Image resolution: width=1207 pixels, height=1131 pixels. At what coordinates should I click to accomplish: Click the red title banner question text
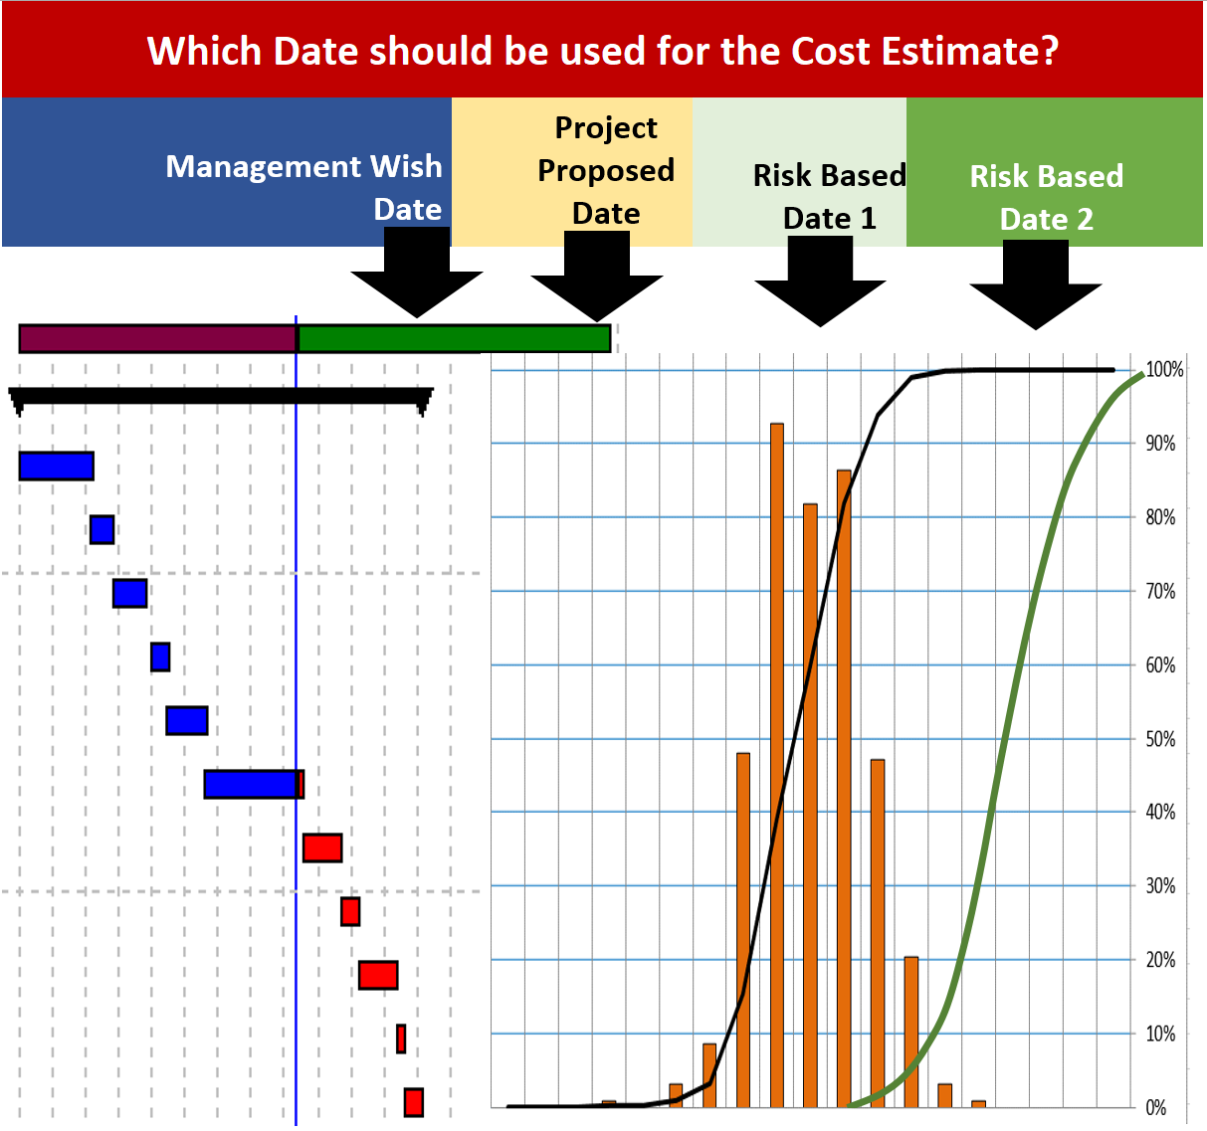point(602,50)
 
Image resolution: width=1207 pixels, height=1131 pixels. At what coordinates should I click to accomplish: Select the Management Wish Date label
point(303,187)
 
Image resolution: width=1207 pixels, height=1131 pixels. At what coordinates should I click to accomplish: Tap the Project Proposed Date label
point(605,170)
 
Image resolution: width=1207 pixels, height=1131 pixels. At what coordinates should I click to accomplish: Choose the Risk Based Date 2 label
point(1046,197)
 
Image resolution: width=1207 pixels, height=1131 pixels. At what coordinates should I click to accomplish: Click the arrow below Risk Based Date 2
point(1035,288)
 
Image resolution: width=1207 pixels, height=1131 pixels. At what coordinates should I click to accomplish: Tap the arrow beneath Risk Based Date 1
point(820,285)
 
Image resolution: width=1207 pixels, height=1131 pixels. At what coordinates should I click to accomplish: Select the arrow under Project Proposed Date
point(597,280)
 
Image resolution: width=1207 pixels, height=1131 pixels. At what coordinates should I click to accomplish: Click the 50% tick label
point(1160,739)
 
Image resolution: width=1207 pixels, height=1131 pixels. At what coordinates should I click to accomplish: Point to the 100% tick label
point(1164,370)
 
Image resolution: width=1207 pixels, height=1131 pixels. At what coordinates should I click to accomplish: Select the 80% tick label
point(1160,517)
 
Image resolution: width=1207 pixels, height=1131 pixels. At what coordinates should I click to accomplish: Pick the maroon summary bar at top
point(157,338)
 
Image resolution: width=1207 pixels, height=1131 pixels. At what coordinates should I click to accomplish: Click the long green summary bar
point(454,338)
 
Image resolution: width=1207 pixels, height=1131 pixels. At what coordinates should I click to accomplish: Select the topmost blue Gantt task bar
point(57,466)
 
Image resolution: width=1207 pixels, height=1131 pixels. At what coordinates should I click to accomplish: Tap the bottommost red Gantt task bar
point(414,1102)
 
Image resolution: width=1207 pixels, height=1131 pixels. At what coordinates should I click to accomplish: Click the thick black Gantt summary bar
point(221,396)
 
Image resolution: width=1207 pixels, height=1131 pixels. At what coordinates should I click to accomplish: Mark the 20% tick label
point(1160,960)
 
